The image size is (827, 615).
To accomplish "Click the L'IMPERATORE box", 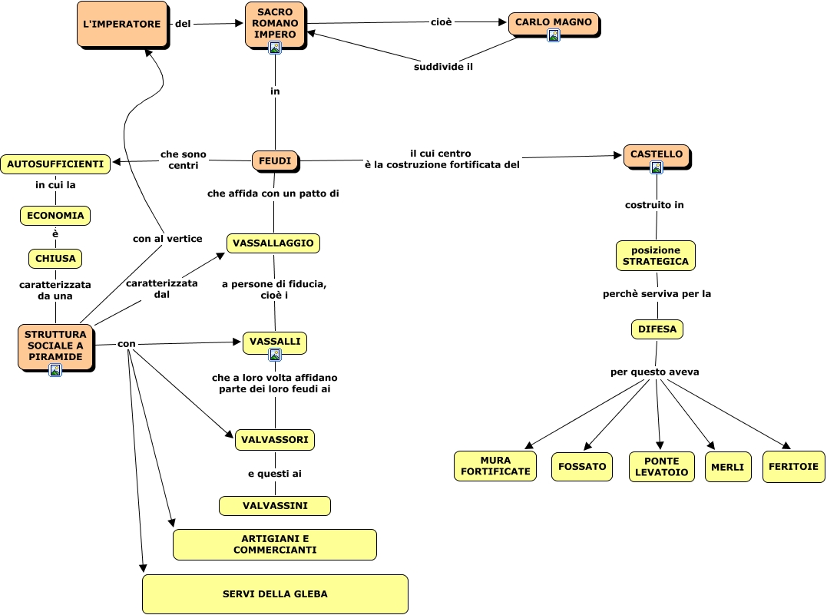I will [122, 24].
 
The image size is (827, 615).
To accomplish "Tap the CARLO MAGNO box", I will [553, 23].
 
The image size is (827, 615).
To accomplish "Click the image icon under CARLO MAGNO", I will [554, 35].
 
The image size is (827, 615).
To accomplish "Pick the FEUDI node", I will [274, 160].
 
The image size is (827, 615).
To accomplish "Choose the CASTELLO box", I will [656, 154].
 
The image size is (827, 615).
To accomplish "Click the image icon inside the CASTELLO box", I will [657, 167].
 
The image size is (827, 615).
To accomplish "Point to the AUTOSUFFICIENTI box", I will [55, 164].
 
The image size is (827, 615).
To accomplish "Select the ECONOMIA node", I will [55, 216].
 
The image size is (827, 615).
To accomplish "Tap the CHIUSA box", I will [55, 259].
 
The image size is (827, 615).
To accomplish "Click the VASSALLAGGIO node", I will [273, 243].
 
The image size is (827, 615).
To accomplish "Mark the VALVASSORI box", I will [275, 440].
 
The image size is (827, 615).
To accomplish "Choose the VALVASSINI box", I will [275, 506].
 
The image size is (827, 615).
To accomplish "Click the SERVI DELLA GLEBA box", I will [275, 594].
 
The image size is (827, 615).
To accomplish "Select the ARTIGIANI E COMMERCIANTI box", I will [275, 544].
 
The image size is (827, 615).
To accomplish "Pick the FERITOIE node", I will [793, 466].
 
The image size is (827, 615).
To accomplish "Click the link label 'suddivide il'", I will [443, 67].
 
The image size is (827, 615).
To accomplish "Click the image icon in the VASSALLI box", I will [275, 355].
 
